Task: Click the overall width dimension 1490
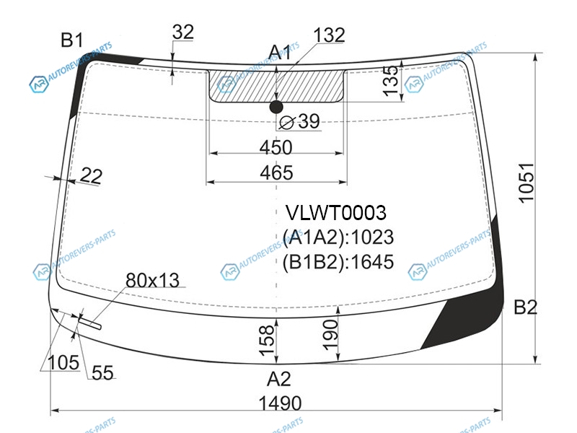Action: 280,403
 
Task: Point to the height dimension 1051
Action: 527,183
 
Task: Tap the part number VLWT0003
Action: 336,212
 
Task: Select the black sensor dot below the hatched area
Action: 276,107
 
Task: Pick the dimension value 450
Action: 276,147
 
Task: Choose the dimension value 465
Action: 276,172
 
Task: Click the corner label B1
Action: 71,40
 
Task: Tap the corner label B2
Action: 526,307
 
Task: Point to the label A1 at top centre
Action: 280,52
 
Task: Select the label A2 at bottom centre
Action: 279,379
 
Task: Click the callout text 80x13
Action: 152,280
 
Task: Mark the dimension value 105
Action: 63,362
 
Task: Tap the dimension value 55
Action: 102,372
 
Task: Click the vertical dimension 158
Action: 267,341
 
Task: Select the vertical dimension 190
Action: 330,334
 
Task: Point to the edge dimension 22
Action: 91,175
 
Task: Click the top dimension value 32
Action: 183,32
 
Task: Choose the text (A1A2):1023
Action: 338,237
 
